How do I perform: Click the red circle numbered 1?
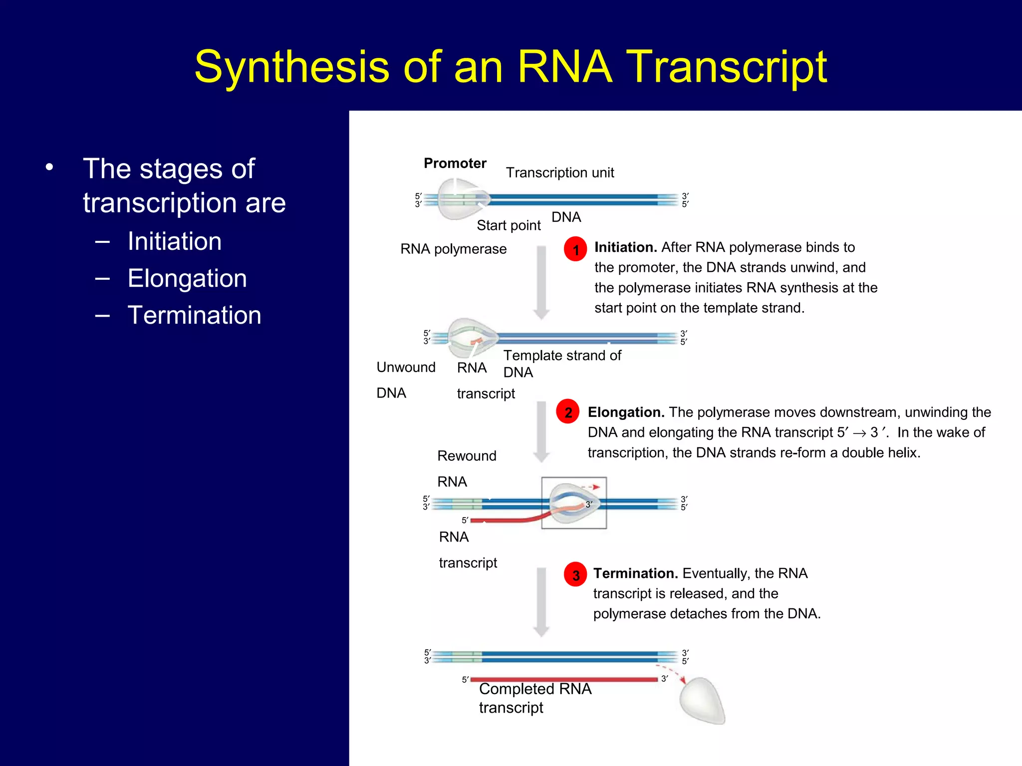(x=575, y=249)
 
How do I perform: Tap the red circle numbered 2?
(x=568, y=412)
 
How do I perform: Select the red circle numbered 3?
(x=575, y=574)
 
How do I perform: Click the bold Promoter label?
(x=455, y=163)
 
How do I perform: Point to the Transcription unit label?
(x=559, y=173)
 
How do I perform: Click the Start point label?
(x=508, y=225)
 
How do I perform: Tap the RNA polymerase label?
(x=453, y=249)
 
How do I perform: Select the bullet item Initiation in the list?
(x=174, y=241)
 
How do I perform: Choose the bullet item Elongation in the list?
(x=187, y=278)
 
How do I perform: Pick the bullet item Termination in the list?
(x=194, y=315)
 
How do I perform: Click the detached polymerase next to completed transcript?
(x=702, y=701)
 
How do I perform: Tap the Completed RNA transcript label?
(x=534, y=698)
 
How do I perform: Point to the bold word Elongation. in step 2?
(x=626, y=412)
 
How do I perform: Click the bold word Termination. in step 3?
(x=635, y=574)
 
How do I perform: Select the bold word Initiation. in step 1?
(x=625, y=247)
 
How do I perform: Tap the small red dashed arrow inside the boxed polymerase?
(x=591, y=487)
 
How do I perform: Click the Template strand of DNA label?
(x=561, y=364)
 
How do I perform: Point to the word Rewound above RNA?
(x=467, y=456)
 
